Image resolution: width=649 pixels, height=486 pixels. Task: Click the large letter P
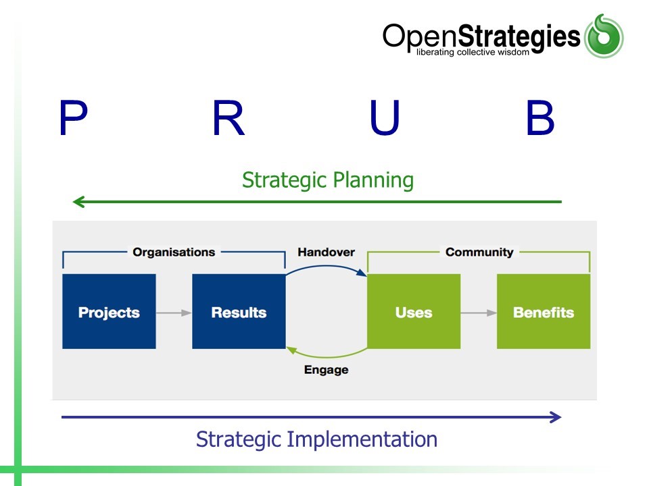73,119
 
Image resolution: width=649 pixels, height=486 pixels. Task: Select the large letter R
228,119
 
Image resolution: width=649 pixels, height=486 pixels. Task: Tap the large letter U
385,119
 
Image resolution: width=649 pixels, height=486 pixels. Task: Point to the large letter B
540,119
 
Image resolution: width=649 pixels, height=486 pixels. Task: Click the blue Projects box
109,312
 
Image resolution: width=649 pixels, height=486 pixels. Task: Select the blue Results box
239,312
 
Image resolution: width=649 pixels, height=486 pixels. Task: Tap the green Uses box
414,312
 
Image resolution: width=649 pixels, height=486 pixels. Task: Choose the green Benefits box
544,312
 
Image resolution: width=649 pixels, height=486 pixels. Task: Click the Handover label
326,252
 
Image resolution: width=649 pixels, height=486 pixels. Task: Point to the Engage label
326,369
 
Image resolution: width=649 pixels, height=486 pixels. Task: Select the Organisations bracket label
174,252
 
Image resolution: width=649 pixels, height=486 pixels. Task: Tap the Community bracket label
479,252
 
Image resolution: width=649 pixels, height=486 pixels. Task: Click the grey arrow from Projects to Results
174,313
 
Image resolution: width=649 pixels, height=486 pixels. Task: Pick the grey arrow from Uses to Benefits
479,313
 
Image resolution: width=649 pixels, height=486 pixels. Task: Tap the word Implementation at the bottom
362,439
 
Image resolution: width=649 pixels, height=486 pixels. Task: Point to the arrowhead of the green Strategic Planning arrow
77,201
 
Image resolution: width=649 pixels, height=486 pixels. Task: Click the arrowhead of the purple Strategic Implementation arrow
556,417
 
